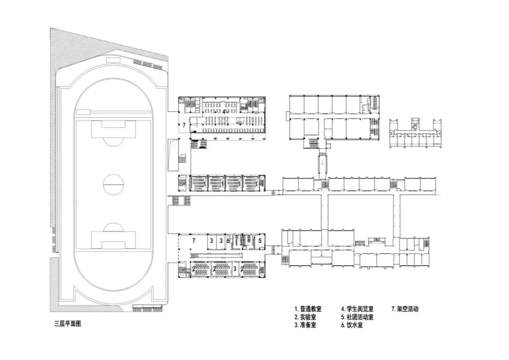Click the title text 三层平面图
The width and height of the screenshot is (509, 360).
point(68,324)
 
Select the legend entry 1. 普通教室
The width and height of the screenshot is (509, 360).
point(308,309)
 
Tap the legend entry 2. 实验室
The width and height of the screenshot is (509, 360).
point(305,317)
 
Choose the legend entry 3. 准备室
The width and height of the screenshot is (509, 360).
point(305,325)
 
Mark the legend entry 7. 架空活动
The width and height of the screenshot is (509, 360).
point(405,309)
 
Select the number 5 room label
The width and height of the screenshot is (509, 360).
point(260,240)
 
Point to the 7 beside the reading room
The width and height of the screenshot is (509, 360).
point(184,126)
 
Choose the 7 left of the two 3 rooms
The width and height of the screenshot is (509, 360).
point(193,240)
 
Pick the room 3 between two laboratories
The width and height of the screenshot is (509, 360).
point(235,269)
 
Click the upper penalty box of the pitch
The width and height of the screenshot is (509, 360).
point(113,129)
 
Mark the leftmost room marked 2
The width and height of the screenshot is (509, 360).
point(193,269)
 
